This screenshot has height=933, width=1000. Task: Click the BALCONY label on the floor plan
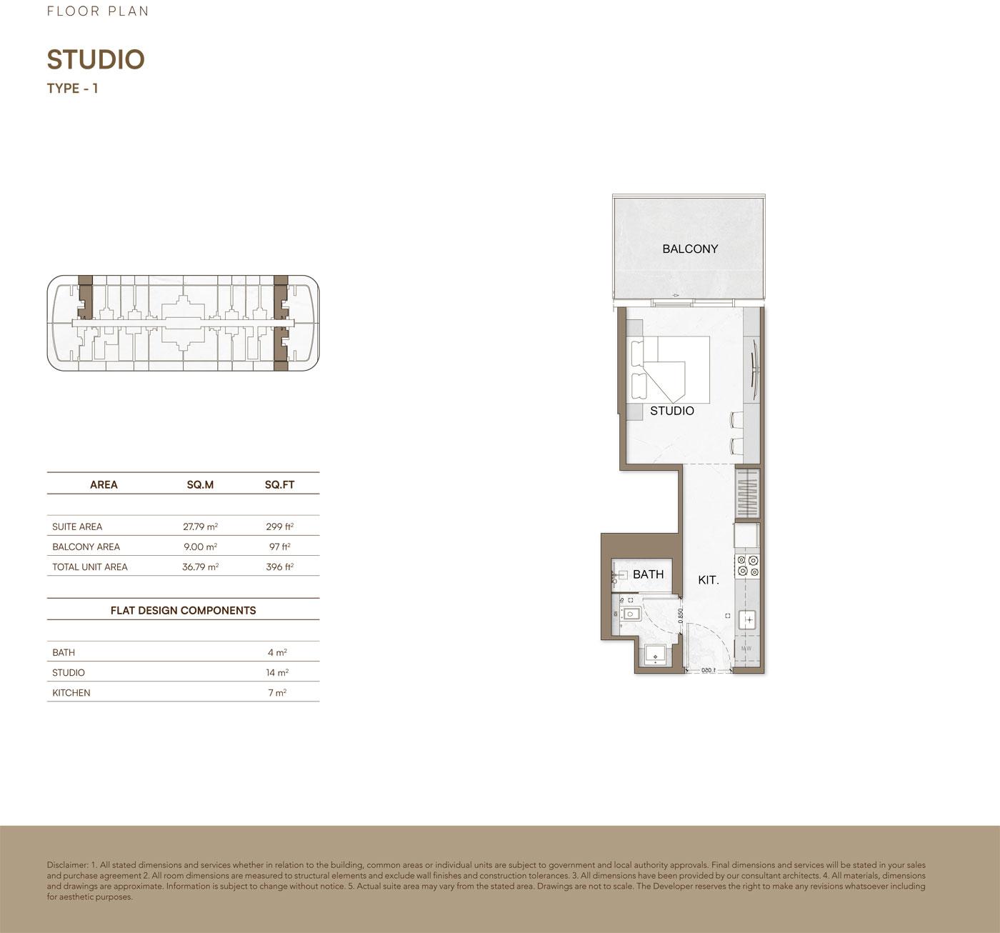pyautogui.click(x=690, y=249)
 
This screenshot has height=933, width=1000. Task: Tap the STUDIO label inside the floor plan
pyautogui.click(x=671, y=411)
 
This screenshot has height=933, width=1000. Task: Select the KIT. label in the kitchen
pyautogui.click(x=708, y=580)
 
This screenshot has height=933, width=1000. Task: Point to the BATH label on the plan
pyautogui.click(x=648, y=574)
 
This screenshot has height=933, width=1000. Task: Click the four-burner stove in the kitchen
pyautogui.click(x=748, y=565)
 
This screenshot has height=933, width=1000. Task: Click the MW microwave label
pyautogui.click(x=746, y=649)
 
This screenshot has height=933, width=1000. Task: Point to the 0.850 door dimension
pyautogui.click(x=680, y=616)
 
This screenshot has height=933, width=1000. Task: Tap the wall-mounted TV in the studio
pyautogui.click(x=754, y=363)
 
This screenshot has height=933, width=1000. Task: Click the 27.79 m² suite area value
pyautogui.click(x=201, y=527)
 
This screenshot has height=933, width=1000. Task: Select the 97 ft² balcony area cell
pyautogui.click(x=280, y=547)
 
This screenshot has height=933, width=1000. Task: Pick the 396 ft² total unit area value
pyautogui.click(x=280, y=567)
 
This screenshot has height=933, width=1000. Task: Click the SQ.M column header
pyautogui.click(x=201, y=484)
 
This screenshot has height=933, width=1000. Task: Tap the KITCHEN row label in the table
pyautogui.click(x=71, y=693)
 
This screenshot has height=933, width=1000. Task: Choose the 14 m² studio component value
pyautogui.click(x=277, y=672)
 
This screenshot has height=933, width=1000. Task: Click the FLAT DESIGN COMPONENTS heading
pyautogui.click(x=184, y=611)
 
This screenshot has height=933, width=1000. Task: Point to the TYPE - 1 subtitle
pyautogui.click(x=73, y=89)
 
